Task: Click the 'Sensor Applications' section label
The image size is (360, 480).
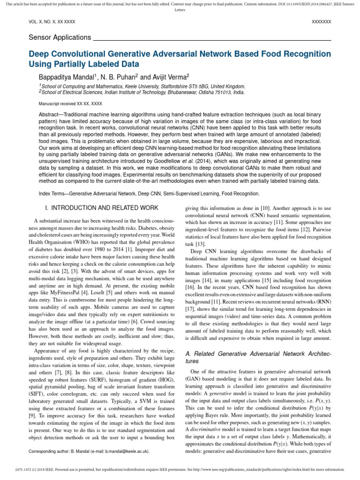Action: click(60, 37)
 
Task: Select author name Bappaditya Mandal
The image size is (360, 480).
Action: click(66, 76)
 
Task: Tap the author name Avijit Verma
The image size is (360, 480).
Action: click(170, 76)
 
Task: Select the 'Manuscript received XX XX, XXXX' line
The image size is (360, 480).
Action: click(70, 103)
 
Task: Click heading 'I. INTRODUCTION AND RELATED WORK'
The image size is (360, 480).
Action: click(104, 207)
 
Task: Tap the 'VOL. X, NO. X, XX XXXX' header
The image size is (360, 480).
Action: click(52, 22)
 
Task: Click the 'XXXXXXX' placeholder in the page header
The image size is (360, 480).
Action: click(321, 22)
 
